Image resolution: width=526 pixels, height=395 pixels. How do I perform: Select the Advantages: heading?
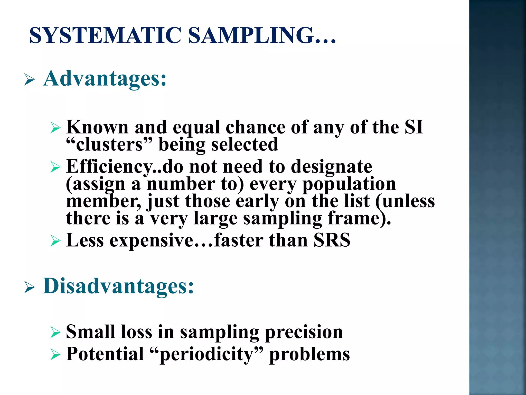105,78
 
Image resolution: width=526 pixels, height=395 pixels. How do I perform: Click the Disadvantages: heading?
118,286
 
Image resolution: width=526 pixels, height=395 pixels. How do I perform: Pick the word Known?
97,127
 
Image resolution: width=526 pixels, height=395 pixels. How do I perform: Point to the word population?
349,184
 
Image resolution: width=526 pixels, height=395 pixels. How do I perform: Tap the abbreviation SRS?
332,240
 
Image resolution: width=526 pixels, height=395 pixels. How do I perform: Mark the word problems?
309,354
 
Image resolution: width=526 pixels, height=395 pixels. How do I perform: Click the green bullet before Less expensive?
55,241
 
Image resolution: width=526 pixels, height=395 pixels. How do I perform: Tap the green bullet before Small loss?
55,332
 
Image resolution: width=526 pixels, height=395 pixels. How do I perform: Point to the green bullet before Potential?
55,354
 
